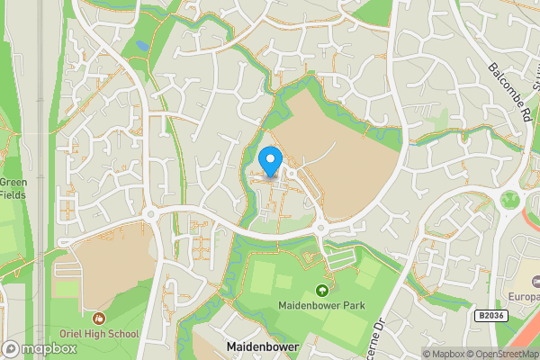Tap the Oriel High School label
[x=99, y=335]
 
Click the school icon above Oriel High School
[x=99, y=319]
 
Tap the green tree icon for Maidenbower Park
[x=322, y=291]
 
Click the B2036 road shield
[x=489, y=316]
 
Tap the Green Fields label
[x=13, y=187]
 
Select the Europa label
[x=524, y=296]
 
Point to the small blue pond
[x=142, y=44]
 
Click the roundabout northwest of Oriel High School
[x=149, y=214]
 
